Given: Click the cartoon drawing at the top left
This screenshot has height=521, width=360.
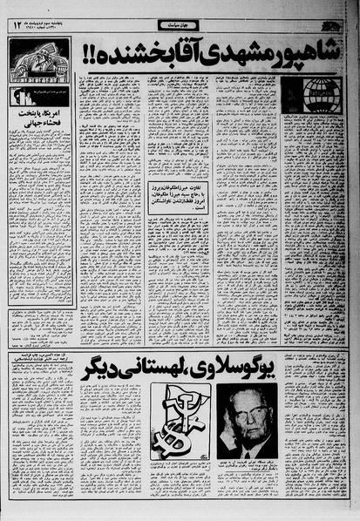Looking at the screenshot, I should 39,60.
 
